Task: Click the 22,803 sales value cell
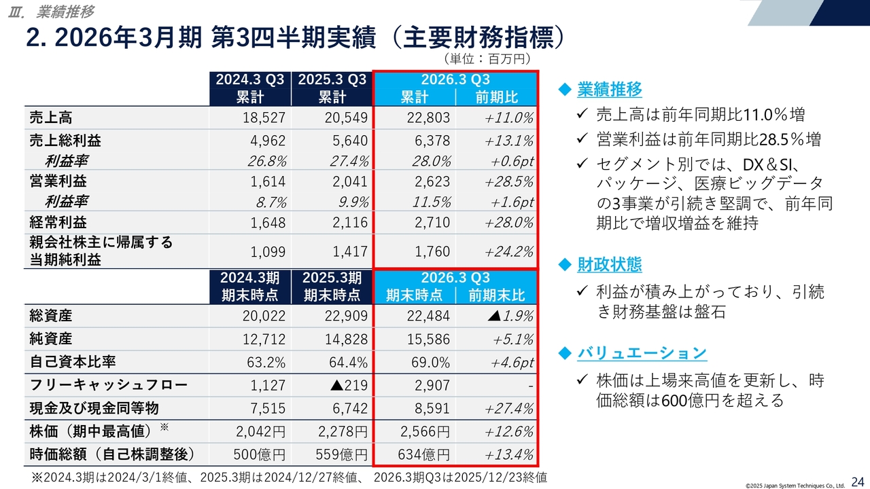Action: click(x=428, y=117)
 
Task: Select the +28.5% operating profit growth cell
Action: click(x=509, y=181)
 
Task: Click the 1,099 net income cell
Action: click(x=268, y=251)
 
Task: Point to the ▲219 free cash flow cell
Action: click(x=348, y=385)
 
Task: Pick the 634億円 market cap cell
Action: click(x=423, y=454)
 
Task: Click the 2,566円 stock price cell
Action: click(x=423, y=431)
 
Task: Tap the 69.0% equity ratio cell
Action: click(x=432, y=362)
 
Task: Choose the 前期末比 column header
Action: click(x=496, y=295)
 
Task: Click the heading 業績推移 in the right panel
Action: click(x=609, y=90)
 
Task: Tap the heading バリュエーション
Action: click(x=642, y=352)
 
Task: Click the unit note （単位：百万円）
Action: click(x=487, y=59)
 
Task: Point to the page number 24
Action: click(x=857, y=480)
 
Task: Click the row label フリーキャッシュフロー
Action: click(x=108, y=385)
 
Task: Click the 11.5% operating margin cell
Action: click(x=432, y=202)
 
